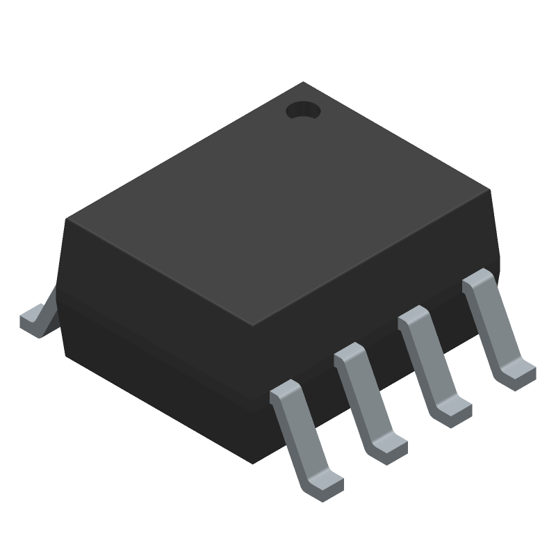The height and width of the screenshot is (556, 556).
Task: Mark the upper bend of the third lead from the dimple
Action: pyautogui.click(x=352, y=354)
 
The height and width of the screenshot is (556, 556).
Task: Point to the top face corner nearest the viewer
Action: pyautogui.click(x=250, y=325)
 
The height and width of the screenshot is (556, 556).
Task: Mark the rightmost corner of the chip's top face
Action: pyautogui.click(x=491, y=189)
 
